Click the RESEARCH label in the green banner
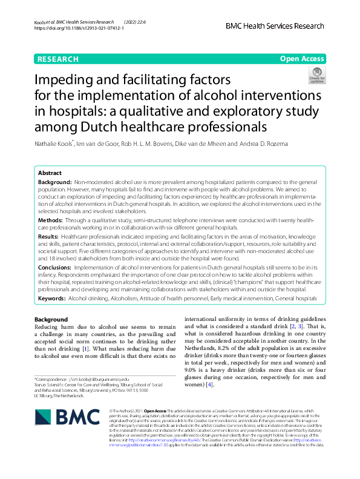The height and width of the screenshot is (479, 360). [58, 59]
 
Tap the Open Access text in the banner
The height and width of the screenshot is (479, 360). [301, 59]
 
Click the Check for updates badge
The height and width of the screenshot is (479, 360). [316, 76]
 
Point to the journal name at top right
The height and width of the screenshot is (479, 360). [275, 26]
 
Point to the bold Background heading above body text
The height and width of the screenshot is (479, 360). [51, 319]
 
